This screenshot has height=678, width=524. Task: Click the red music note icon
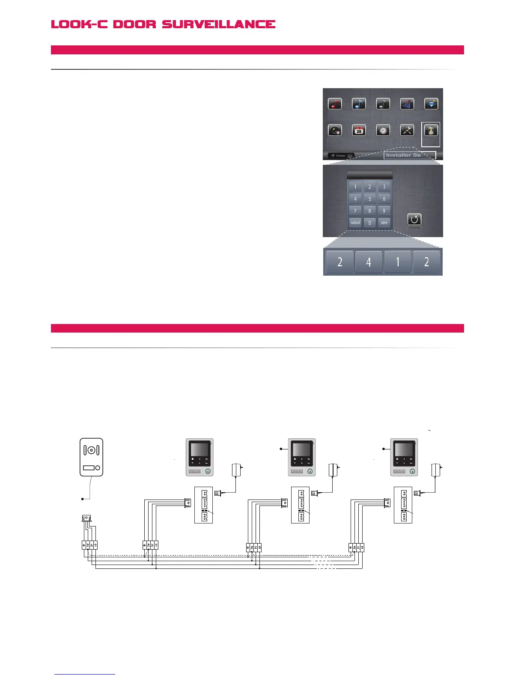tap(335, 104)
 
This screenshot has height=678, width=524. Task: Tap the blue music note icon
tap(359, 104)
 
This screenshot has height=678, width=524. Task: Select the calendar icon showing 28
tap(359, 130)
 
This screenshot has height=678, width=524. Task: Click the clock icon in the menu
tap(383, 130)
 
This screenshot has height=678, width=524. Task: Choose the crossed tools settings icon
tap(407, 130)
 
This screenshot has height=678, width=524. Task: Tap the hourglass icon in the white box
tap(431, 131)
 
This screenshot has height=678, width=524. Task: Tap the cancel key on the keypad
tap(355, 223)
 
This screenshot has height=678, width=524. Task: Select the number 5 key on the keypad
tap(370, 199)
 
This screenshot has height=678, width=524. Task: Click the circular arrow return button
tap(414, 220)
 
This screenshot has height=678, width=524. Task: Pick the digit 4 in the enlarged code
tap(369, 262)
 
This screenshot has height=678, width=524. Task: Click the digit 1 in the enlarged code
tap(397, 262)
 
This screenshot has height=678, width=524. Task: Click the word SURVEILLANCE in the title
tap(218, 24)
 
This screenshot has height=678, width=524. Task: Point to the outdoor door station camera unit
tap(91, 457)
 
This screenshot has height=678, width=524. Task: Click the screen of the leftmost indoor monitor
tap(199, 449)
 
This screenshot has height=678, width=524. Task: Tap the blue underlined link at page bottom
tap(85, 674)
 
